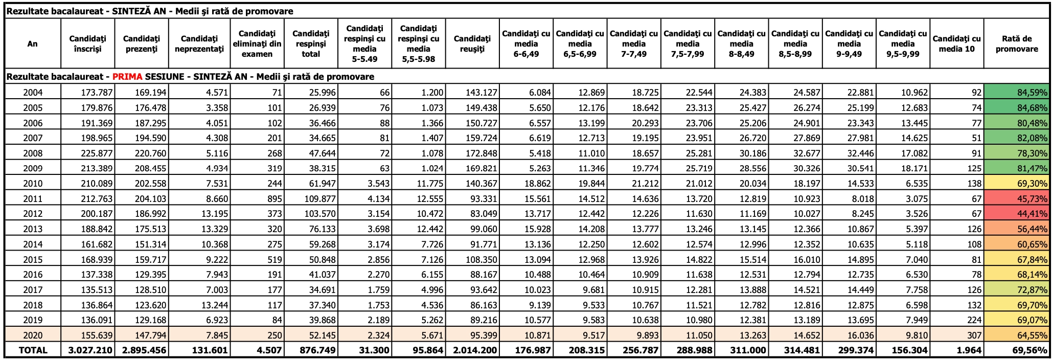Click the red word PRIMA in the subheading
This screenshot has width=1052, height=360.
(127, 77)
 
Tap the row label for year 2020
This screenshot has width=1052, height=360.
(33, 335)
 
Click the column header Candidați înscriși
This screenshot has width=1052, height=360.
(87, 44)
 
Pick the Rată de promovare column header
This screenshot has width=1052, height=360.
(1017, 44)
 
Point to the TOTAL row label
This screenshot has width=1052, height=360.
(33, 350)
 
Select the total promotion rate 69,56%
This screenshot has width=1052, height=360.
(1033, 350)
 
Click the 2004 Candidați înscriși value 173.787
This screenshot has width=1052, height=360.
(97, 93)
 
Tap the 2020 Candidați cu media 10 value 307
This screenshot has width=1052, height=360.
(974, 335)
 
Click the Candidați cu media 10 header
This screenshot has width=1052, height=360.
(957, 44)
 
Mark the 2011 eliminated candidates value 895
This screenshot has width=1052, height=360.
(275, 199)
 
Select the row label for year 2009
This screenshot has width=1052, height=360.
(33, 168)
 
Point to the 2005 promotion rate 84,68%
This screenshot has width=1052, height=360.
(1033, 108)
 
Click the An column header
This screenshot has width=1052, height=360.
(33, 44)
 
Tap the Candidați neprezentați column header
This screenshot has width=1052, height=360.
(199, 44)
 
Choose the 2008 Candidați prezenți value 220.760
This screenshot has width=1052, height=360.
(151, 153)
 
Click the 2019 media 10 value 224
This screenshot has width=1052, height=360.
(974, 320)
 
